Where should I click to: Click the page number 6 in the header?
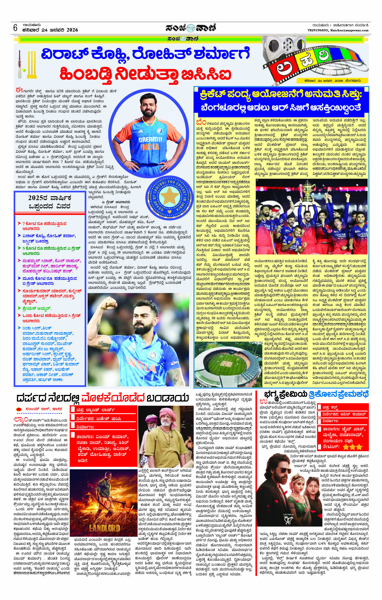[x=15, y=28]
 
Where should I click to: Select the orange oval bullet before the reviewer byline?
[x=19, y=408]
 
